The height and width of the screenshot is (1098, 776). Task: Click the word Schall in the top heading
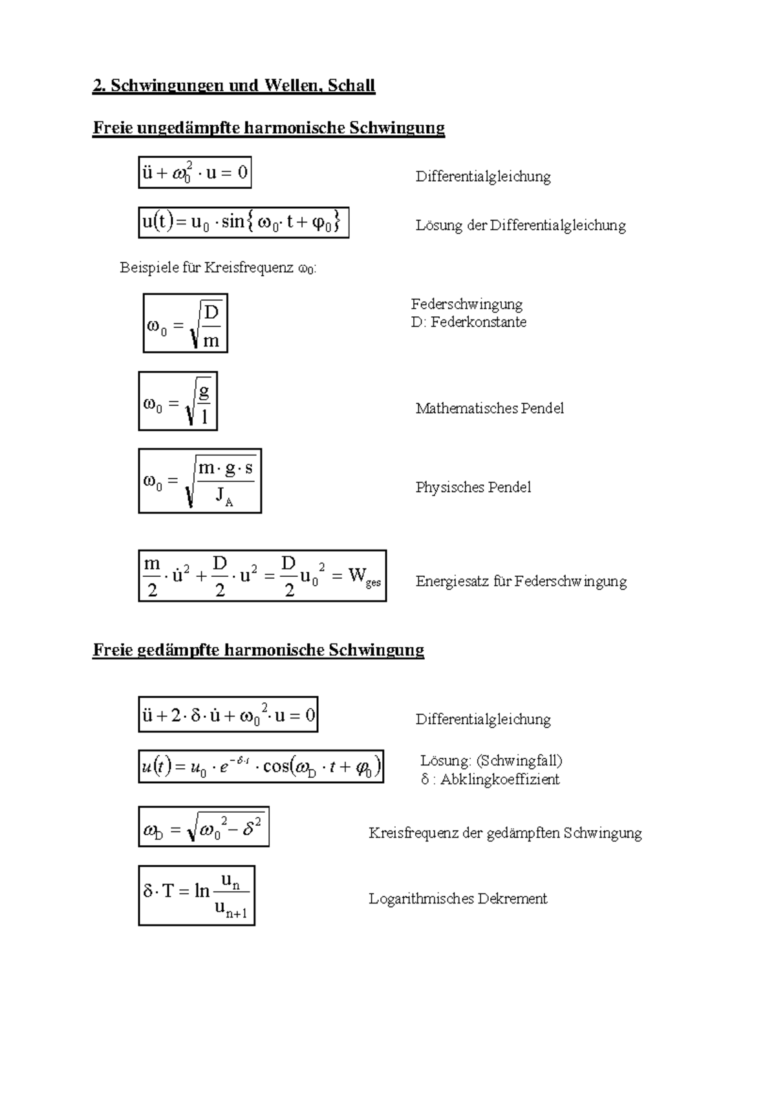pyautogui.click(x=351, y=86)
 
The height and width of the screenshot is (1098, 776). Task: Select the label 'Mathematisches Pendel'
pyautogui.click(x=490, y=409)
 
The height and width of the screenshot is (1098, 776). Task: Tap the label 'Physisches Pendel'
pyautogui.click(x=473, y=488)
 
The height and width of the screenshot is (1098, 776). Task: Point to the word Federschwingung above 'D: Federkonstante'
pyautogui.click(x=466, y=304)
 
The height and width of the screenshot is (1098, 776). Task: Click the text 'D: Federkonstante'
pyautogui.click(x=468, y=322)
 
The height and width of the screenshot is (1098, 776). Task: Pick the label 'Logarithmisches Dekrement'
pyautogui.click(x=458, y=899)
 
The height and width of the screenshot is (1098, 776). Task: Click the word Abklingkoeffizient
pyautogui.click(x=500, y=779)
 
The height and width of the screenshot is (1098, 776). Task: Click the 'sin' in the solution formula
pyautogui.click(x=232, y=222)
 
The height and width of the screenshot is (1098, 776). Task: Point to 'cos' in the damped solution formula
pyautogui.click(x=276, y=767)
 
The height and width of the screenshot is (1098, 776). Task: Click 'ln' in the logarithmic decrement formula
pyautogui.click(x=202, y=892)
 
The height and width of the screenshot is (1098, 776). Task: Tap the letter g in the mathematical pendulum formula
pyautogui.click(x=204, y=392)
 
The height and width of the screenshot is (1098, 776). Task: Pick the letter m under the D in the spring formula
pyautogui.click(x=211, y=341)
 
